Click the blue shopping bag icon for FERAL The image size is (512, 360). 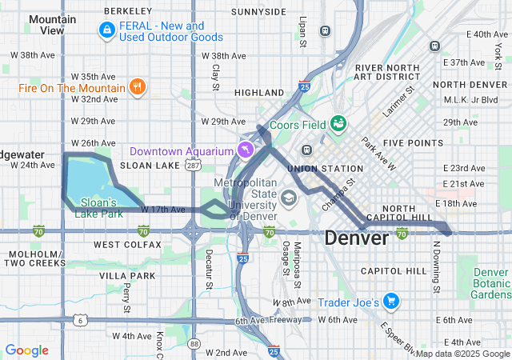pos(106,30)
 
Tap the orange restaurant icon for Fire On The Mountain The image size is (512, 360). pos(138,86)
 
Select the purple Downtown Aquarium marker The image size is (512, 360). pos(245,150)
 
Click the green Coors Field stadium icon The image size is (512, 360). pos(338,123)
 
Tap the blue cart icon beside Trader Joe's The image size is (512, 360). pos(390,302)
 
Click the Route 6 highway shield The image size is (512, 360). pos(80,320)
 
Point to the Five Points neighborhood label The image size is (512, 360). pos(413,142)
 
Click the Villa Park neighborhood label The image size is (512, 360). pos(128,275)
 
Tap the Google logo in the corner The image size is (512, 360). pos(26,350)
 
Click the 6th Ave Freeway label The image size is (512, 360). pos(267,321)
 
